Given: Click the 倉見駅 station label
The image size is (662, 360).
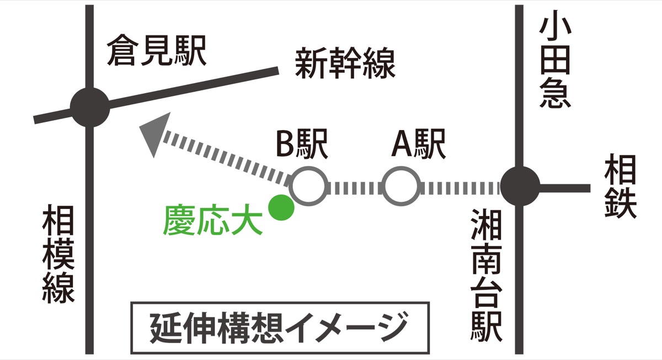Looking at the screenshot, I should point(156,50).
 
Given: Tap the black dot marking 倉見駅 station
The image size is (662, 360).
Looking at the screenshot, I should point(90,107).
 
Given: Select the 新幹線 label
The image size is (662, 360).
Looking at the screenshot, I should point(345,64).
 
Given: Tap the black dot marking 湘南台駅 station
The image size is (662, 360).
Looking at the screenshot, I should point(519,187).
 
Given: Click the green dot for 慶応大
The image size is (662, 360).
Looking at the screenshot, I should point(280,207).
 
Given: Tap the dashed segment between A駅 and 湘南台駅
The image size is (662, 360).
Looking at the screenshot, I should point(461,187).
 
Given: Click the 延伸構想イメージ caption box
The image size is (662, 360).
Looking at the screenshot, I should point(279,327).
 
